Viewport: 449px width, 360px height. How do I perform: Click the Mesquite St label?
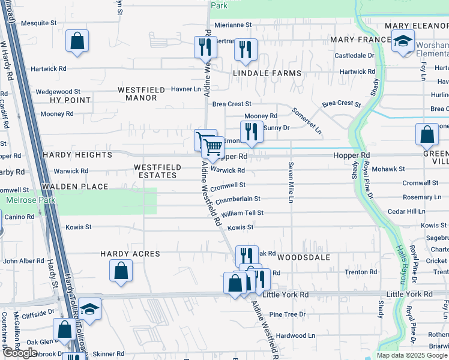click(x=38, y=23)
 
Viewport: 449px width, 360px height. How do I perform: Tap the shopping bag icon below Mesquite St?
click(x=77, y=42)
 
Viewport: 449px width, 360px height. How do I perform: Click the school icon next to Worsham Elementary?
click(x=402, y=42)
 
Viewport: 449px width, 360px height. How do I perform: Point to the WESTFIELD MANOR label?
click(x=141, y=94)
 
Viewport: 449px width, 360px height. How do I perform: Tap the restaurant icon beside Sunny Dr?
click(x=252, y=132)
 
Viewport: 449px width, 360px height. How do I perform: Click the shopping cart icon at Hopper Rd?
click(x=212, y=146)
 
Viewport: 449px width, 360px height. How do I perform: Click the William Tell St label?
click(x=242, y=214)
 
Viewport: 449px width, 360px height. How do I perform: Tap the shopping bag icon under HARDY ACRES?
click(x=121, y=271)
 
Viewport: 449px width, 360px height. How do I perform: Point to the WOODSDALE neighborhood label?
click(x=304, y=257)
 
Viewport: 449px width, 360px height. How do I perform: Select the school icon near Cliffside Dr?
click(x=89, y=308)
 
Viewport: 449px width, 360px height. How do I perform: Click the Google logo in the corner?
click(x=20, y=353)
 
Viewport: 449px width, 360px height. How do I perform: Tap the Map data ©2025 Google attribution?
click(x=412, y=355)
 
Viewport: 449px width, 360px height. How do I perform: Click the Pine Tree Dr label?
click(x=288, y=314)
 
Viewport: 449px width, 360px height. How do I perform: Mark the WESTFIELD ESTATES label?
click(x=155, y=171)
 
